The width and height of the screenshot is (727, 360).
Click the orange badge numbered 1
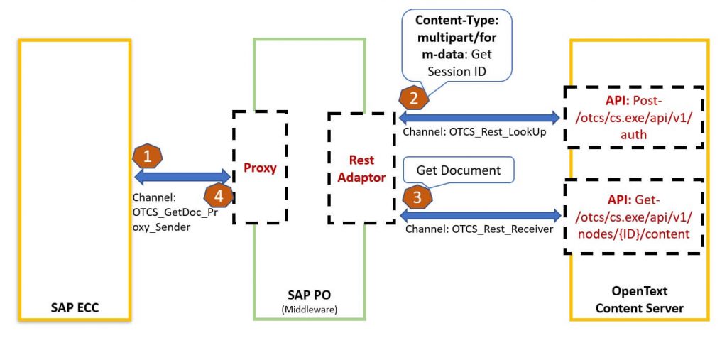[x=148, y=156]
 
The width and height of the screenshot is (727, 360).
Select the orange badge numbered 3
[x=417, y=198]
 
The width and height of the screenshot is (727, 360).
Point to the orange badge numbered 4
[x=219, y=196]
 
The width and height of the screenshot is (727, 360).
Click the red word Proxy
[x=260, y=168]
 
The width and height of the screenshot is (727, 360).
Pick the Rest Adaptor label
[x=361, y=169]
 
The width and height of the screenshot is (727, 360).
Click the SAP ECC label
[x=75, y=307]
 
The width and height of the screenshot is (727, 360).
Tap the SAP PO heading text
[x=310, y=295]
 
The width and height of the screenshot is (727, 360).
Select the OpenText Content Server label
[x=640, y=299]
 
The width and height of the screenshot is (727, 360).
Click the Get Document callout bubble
[x=459, y=170]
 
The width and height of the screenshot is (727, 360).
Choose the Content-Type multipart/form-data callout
[x=457, y=46]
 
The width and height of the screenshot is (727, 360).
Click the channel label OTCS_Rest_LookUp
[x=474, y=132]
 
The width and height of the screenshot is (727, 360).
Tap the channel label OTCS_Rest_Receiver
[x=479, y=229]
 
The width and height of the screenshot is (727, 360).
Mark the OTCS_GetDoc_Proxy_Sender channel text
[x=170, y=212]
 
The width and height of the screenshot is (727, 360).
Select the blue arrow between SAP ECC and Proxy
[x=182, y=176]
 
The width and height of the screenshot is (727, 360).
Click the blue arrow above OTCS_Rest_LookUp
[x=479, y=116]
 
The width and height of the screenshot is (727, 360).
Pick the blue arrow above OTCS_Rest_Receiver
[x=481, y=215]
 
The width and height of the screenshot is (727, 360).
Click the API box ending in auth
[x=634, y=117]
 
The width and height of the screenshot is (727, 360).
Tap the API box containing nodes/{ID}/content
[x=634, y=217]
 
